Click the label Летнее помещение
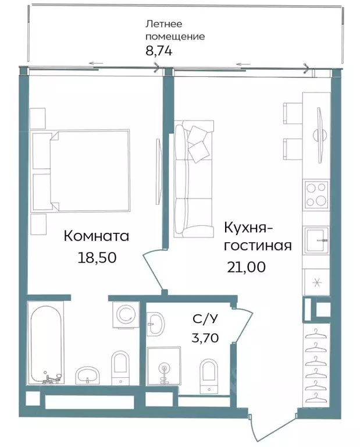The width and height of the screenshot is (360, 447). click(x=174, y=30)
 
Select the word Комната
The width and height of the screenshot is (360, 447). click(x=96, y=236)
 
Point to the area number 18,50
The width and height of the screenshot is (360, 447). click(x=97, y=257)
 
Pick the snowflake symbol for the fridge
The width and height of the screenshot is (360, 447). click(x=316, y=283)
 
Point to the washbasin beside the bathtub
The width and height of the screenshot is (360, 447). click(x=88, y=375)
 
